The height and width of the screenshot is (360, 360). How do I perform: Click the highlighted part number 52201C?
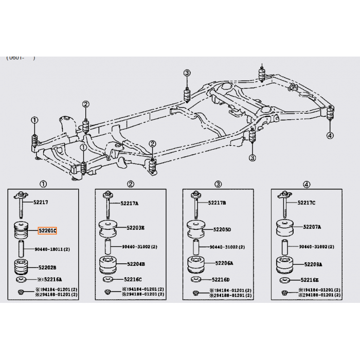47,231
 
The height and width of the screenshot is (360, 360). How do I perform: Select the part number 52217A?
130,203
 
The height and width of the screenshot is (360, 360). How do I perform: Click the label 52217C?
306,202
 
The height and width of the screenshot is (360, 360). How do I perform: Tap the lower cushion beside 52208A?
284,264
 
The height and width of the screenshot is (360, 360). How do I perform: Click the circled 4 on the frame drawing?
330,135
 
